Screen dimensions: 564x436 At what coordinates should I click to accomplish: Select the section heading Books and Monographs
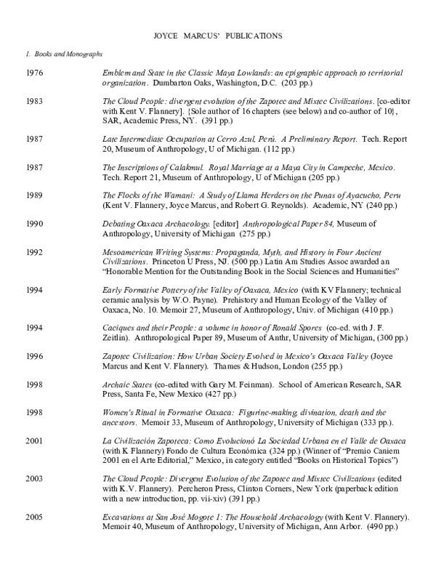[x=67, y=55]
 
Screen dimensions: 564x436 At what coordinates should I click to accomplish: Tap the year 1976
[x=34, y=74]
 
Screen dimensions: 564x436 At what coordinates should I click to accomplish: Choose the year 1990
[x=34, y=223]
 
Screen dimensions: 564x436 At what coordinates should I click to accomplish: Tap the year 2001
[x=34, y=441]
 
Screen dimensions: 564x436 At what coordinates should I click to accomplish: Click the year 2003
[x=34, y=479]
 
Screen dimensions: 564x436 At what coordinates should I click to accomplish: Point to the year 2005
[x=34, y=517]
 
